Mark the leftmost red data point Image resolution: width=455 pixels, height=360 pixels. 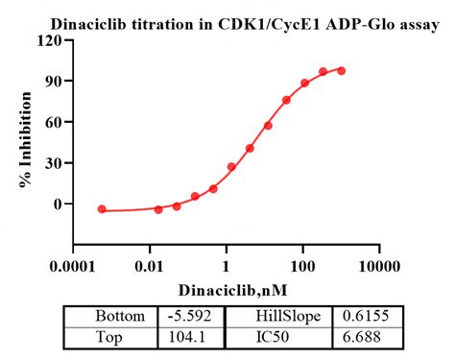point(102,208)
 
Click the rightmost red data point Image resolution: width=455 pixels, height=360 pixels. point(342,70)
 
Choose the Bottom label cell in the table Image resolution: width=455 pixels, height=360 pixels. point(121,316)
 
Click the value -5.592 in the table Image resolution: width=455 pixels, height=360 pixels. point(189,316)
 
